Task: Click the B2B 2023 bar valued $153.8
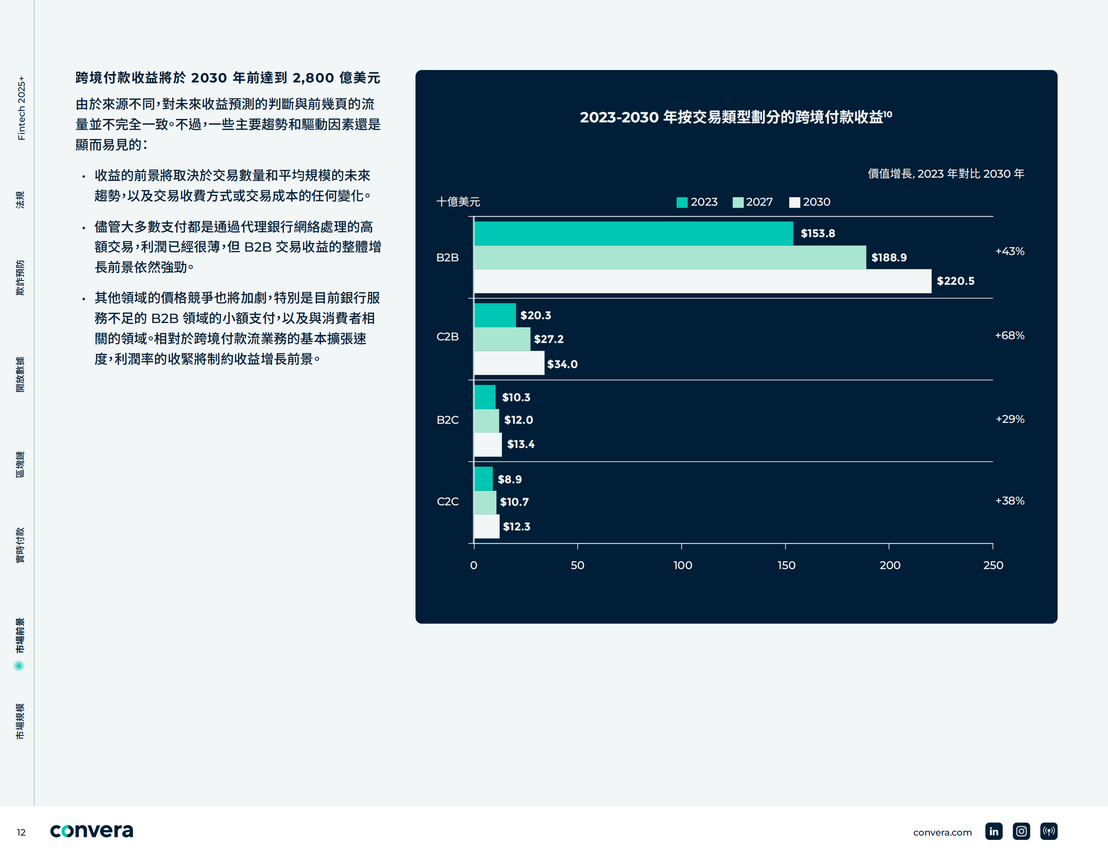pos(633,233)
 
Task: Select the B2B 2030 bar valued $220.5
pos(703,281)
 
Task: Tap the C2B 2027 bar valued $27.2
pos(502,339)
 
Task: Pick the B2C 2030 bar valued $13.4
pos(487,445)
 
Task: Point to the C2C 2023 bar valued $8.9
pos(483,479)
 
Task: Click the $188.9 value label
pos(889,258)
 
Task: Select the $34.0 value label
pos(562,364)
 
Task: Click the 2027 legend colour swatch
pos(738,202)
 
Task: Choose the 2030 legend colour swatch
pos(794,202)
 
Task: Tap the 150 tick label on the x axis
pos(786,565)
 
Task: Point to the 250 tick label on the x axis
pos(993,565)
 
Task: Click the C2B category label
pos(448,337)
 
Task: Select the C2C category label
pos(448,502)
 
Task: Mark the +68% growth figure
pos(1009,335)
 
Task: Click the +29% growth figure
pos(1009,419)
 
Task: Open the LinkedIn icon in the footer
pos(993,831)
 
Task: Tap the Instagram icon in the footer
pos(1021,831)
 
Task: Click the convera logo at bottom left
pos(91,830)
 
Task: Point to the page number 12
pos(21,833)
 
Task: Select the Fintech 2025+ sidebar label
pos(21,108)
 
